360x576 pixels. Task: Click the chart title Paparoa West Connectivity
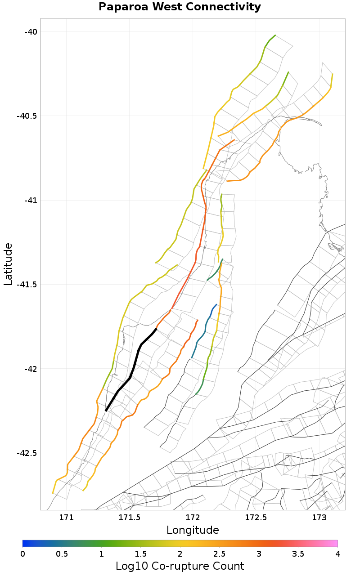point(180,7)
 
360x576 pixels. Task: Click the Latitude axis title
point(8,264)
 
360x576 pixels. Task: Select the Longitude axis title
point(193,530)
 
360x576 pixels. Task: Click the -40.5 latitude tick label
point(27,116)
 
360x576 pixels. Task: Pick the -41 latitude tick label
point(30,200)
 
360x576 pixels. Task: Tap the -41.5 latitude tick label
point(27,284)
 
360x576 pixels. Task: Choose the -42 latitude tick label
point(30,369)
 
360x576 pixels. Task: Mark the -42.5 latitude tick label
point(27,453)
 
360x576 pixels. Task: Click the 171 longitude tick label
point(66,517)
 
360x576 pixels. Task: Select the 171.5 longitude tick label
point(130,517)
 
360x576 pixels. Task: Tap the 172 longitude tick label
point(193,517)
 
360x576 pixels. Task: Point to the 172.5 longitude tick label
point(256,517)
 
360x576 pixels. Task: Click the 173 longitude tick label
point(319,517)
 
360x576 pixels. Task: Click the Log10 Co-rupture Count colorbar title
point(180,566)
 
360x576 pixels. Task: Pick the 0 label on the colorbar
point(22,553)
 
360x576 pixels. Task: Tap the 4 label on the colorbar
point(337,553)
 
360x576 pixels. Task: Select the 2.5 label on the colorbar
point(219,553)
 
